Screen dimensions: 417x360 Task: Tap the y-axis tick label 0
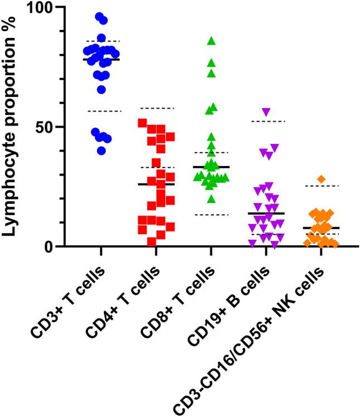click(x=48, y=246)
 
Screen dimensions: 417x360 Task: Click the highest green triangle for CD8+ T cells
click(x=212, y=41)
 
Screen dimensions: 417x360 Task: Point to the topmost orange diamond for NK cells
click(x=321, y=179)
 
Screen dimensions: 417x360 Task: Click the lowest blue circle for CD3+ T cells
click(x=102, y=151)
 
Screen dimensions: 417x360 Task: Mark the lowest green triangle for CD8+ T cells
click(x=211, y=199)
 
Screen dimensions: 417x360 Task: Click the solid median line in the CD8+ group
click(x=212, y=167)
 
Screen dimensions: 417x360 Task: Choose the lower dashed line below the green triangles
click(x=212, y=215)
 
